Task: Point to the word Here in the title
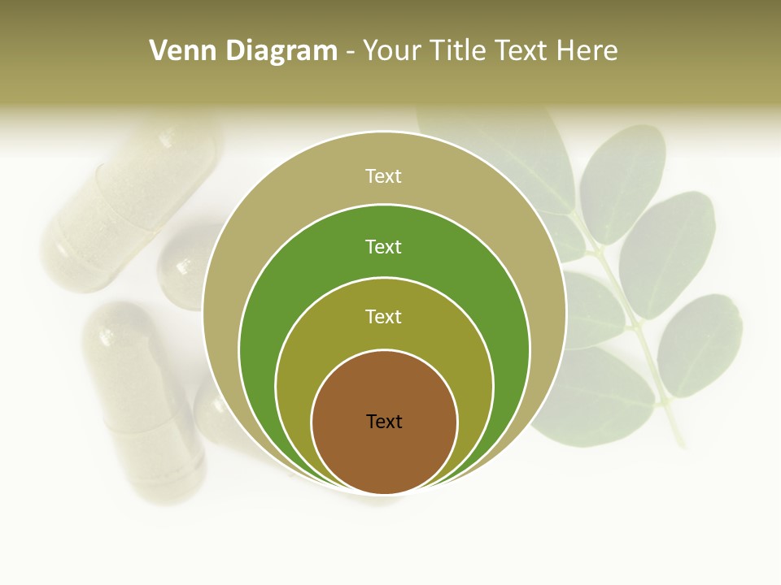pos(587,51)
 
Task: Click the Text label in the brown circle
pos(384,422)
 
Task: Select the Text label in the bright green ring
pos(384,246)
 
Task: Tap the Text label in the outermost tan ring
pos(384,175)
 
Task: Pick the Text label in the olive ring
pos(384,316)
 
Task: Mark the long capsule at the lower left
pos(142,398)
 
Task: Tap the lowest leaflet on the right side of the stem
pos(700,345)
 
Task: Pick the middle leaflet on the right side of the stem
pos(667,252)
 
